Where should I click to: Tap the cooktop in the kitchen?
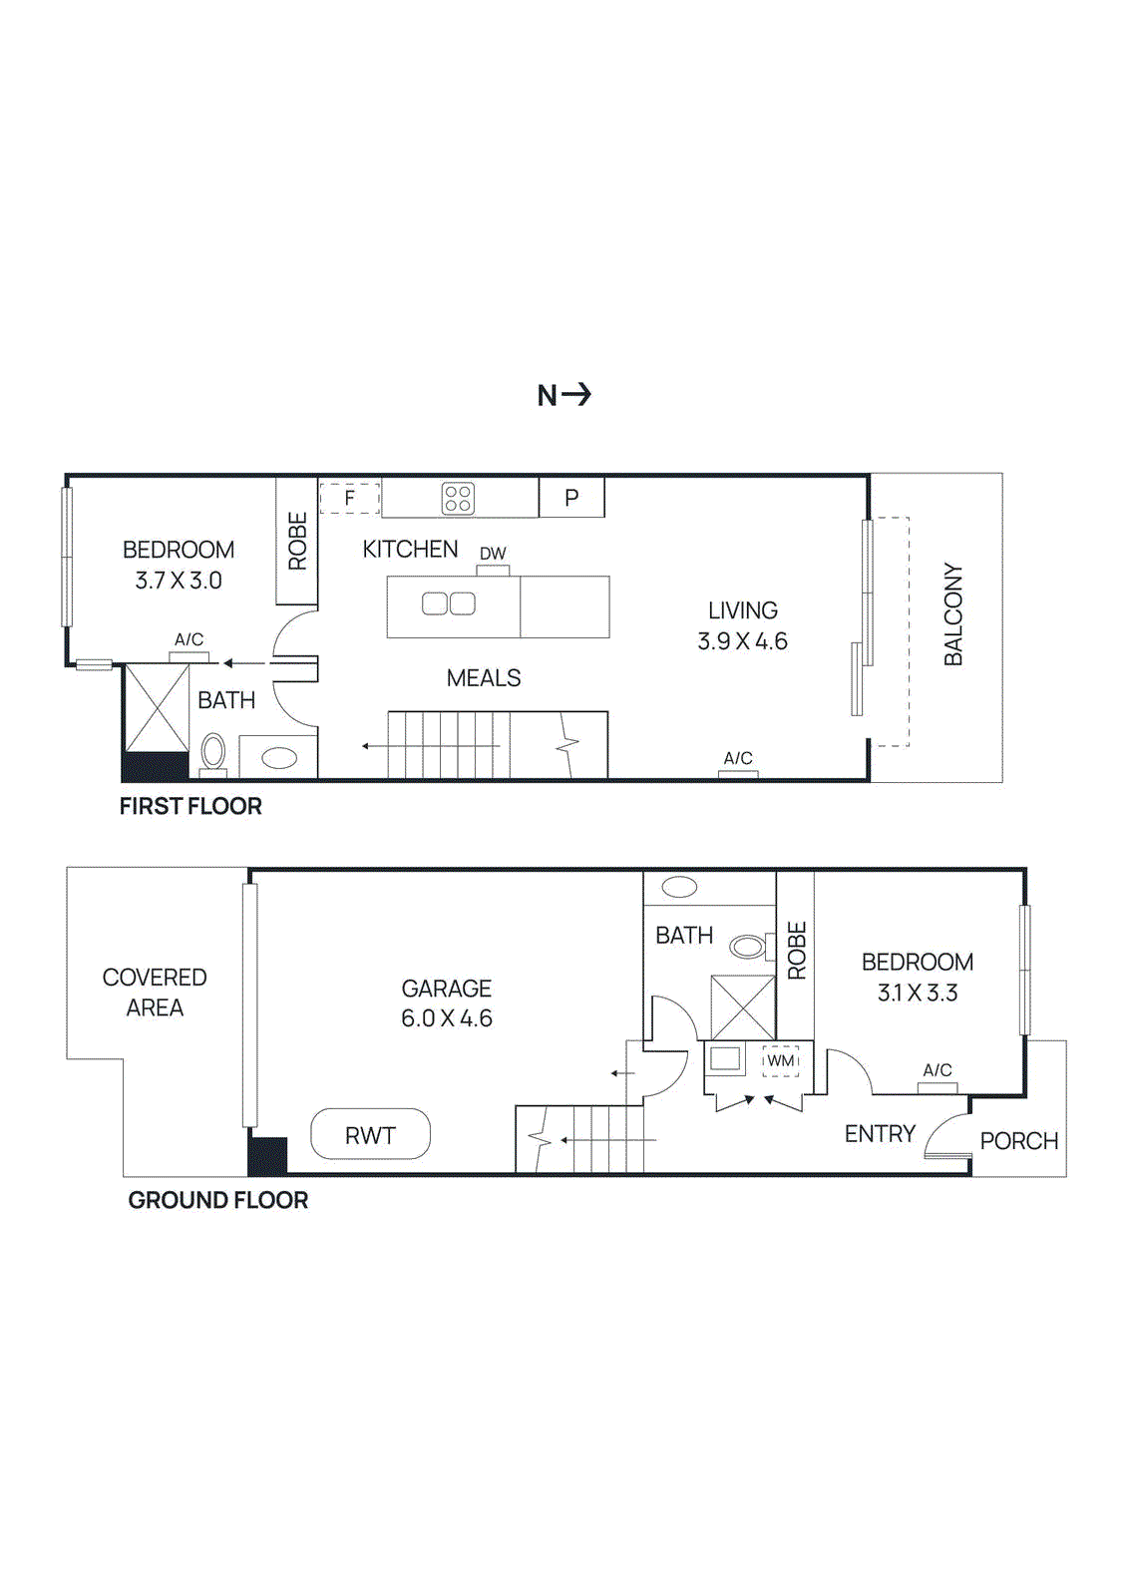click(458, 498)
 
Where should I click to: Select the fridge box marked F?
click(350, 498)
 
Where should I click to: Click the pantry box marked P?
click(571, 498)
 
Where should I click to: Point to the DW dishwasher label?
click(493, 554)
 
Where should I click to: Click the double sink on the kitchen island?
click(449, 603)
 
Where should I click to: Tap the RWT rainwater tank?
click(370, 1135)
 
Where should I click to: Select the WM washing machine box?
click(781, 1060)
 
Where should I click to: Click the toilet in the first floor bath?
click(213, 752)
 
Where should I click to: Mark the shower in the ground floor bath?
click(742, 1007)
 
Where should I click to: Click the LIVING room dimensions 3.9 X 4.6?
click(742, 641)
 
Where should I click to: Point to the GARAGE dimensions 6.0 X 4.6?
click(447, 1018)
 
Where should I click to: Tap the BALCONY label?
click(953, 614)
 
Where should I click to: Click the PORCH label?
click(1018, 1141)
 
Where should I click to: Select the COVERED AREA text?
click(155, 993)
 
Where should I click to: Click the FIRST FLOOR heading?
click(190, 806)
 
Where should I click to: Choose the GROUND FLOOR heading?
click(217, 1200)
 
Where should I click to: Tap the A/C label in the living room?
click(738, 758)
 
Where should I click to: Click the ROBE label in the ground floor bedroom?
click(796, 951)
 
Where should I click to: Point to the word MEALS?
click(484, 678)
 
